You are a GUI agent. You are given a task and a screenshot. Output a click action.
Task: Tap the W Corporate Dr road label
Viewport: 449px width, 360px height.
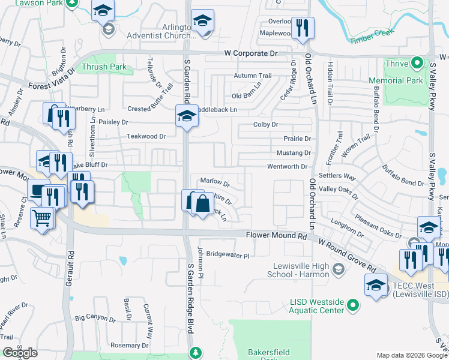251,54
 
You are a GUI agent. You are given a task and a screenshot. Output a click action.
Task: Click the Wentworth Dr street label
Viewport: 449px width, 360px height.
287,167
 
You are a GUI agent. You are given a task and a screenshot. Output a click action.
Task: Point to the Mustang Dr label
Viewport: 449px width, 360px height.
293,153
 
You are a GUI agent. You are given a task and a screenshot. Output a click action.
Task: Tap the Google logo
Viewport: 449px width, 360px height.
20,353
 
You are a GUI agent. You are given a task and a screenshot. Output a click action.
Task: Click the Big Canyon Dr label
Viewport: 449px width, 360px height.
95,317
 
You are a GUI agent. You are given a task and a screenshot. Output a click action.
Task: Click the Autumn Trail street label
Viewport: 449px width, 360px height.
253,76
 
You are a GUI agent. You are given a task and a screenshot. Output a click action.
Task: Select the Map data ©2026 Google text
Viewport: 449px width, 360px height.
411,355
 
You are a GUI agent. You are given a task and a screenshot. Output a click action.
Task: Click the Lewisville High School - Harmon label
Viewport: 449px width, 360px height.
298,271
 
